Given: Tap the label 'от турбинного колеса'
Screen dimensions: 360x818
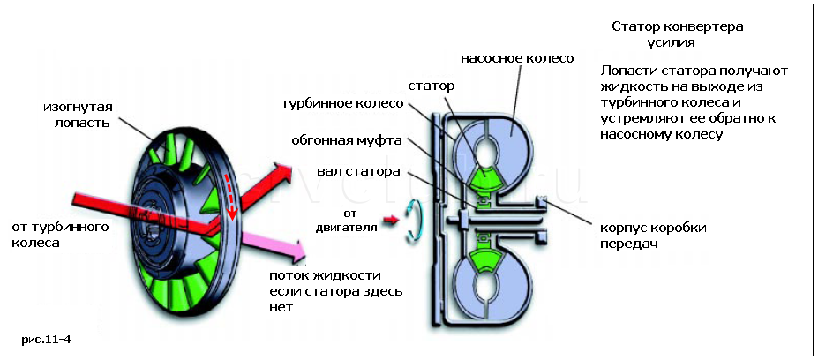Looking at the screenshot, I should pos(59,235).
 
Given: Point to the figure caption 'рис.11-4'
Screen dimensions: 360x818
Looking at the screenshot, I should pos(46,338).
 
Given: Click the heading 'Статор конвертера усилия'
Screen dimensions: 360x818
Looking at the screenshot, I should pos(677,34).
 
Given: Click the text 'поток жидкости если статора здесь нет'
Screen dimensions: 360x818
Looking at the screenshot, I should pos(338,290).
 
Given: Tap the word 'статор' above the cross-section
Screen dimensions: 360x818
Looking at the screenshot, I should pos(432,86).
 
